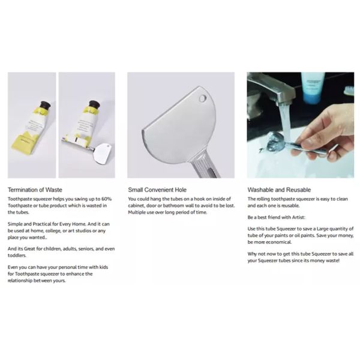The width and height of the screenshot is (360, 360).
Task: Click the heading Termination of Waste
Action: pyautogui.click(x=35, y=190)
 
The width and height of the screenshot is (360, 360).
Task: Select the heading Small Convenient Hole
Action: pyautogui.click(x=157, y=190)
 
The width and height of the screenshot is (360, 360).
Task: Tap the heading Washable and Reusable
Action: pyautogui.click(x=279, y=190)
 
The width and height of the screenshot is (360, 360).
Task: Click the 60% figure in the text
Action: pyautogui.click(x=107, y=199)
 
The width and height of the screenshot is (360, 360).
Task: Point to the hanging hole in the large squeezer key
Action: pyautogui.click(x=203, y=99)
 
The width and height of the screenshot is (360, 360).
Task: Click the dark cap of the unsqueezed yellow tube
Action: pyautogui.click(x=45, y=106)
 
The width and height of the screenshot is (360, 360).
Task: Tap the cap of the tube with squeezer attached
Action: pyautogui.click(x=94, y=104)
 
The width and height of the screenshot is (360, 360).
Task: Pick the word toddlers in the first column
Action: pyautogui.click(x=17, y=256)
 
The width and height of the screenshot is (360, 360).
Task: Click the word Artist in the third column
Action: pyautogui.click(x=298, y=217)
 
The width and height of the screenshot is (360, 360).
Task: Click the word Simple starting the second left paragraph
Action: pyautogui.click(x=14, y=224)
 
